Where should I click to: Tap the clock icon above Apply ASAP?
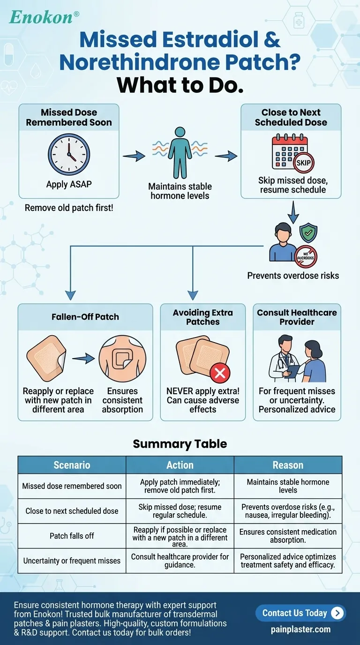[x=69, y=155]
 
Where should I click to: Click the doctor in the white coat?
[x=284, y=358]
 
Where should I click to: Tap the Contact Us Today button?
[x=300, y=613]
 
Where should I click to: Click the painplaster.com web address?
[x=300, y=630]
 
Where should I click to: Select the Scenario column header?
[x=72, y=465]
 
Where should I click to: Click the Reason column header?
[x=288, y=465]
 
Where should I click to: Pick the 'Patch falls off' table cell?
[x=72, y=536]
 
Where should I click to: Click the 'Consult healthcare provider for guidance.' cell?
[x=180, y=561]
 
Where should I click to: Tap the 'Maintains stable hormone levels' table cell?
[x=288, y=486]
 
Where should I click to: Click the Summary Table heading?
[x=180, y=444]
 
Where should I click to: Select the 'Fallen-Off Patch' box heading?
[x=85, y=317]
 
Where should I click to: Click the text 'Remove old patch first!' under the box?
[x=69, y=208]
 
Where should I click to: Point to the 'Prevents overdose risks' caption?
[x=293, y=276]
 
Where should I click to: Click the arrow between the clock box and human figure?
[x=134, y=156]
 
